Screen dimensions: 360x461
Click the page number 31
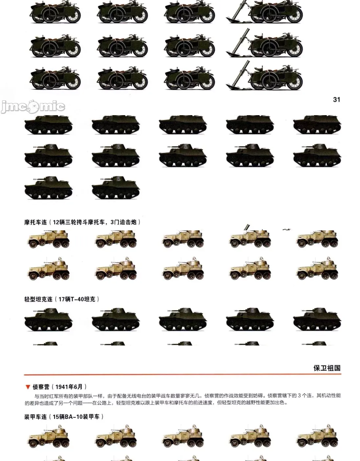336,99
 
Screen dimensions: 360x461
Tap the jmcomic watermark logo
33,107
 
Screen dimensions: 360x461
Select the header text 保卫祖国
327,368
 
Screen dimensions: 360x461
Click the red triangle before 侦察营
28,387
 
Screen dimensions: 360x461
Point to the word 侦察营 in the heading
41,387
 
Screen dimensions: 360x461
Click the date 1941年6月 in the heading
69,387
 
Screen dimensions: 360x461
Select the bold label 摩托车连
35,222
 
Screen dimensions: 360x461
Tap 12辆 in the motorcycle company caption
59,222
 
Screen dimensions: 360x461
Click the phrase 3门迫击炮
124,222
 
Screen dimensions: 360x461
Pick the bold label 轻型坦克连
38,299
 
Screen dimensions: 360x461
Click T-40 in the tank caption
77,299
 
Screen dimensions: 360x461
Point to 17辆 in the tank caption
64,299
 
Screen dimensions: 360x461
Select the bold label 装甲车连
35,417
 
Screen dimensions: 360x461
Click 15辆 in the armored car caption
58,417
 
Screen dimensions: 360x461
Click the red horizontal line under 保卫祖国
182,375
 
